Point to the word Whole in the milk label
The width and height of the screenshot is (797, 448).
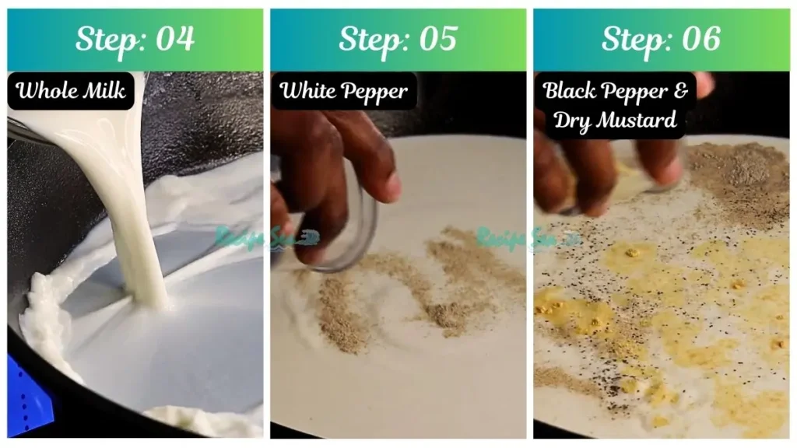[x=46, y=91]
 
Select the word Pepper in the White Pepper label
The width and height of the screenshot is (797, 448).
[x=374, y=93]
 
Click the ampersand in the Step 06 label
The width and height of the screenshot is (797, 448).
[x=681, y=91]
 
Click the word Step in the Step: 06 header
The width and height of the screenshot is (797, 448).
[x=632, y=39]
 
